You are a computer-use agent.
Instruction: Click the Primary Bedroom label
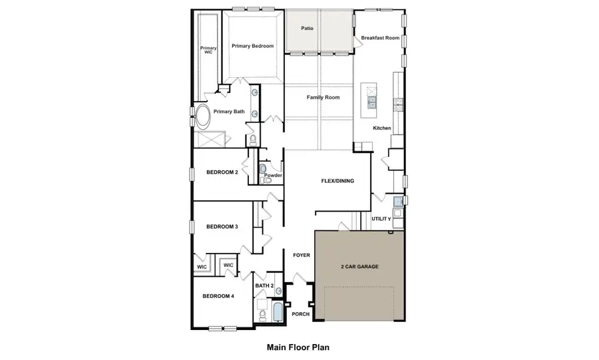252,46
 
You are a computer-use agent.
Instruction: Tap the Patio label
307,29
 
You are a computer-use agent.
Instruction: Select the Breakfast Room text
380,38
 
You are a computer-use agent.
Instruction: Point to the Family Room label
323,97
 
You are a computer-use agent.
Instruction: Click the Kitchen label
381,128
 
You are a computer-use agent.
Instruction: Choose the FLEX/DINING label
337,181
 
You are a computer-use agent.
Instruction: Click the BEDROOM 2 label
222,172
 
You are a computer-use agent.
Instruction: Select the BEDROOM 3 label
222,227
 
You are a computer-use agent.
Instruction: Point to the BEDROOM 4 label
218,295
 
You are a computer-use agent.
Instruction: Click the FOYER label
302,255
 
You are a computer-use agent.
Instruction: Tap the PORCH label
301,314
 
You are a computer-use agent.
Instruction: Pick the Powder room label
274,176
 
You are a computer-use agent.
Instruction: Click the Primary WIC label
209,51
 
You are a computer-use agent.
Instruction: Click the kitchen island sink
371,102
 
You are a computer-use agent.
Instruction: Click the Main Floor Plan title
298,347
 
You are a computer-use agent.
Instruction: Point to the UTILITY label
381,219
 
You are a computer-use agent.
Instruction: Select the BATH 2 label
264,285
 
